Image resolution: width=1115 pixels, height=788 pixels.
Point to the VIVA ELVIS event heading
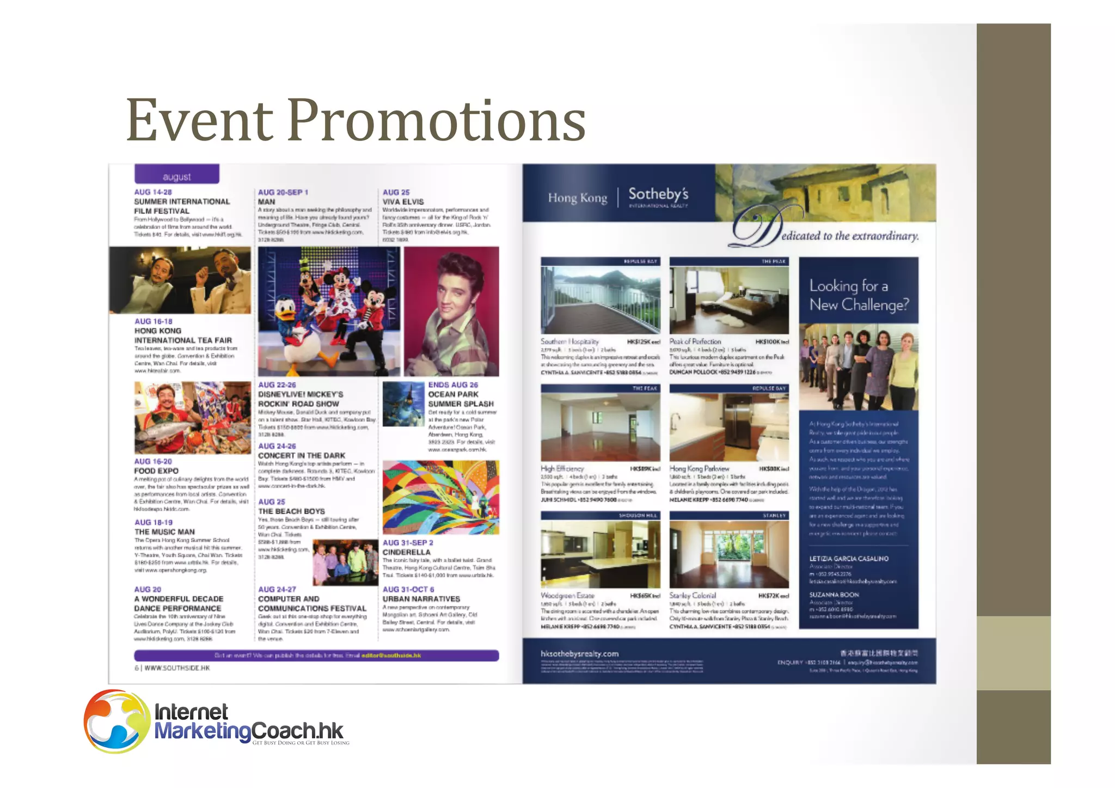pyautogui.click(x=403, y=201)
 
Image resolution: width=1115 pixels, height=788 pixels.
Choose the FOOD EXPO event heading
pyautogui.click(x=156, y=471)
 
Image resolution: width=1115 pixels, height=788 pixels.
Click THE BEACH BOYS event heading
pyautogui.click(x=291, y=511)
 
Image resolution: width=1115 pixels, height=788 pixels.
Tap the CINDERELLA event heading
pyautogui.click(x=406, y=552)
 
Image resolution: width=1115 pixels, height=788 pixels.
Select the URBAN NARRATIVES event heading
pyautogui.click(x=421, y=598)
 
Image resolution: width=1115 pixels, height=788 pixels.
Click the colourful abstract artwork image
pyautogui.click(x=440, y=497)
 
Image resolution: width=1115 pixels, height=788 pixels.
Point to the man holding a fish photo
pyautogui.click(x=192, y=417)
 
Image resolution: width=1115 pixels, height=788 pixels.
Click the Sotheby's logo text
pyautogui.click(x=658, y=194)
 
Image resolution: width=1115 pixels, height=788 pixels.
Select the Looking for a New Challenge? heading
pyautogui.click(x=859, y=295)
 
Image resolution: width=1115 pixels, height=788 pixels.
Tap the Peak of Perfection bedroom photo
pyautogui.click(x=728, y=300)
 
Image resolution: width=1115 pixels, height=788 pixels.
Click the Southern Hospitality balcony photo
pyautogui.click(x=600, y=300)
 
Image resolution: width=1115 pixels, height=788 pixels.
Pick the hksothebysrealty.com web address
pyautogui.click(x=579, y=653)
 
